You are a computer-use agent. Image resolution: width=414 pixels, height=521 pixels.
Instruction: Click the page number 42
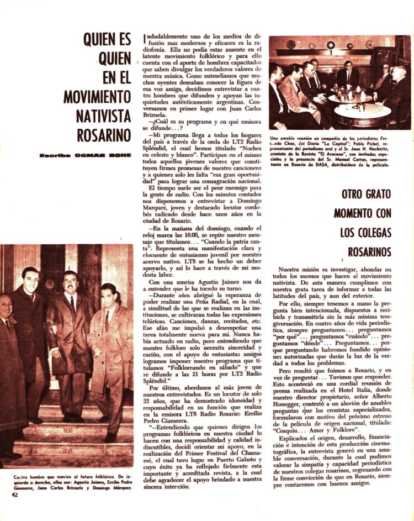pos(15,494)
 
